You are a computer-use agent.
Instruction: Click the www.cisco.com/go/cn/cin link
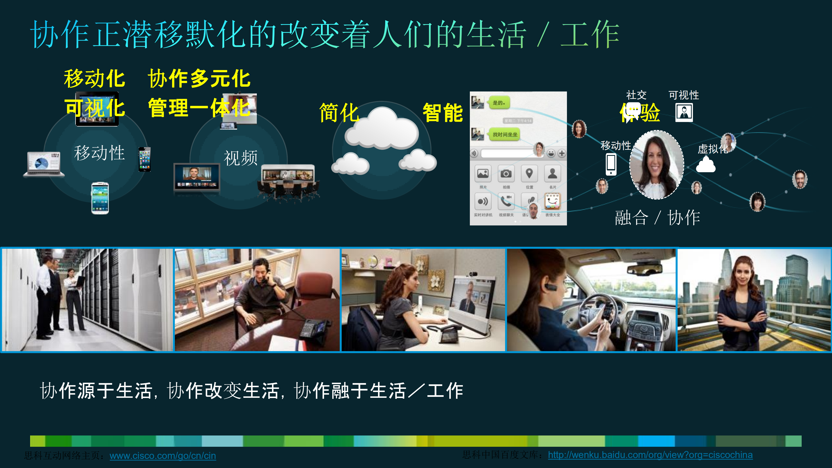[x=163, y=456]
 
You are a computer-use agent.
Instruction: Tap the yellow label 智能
[x=443, y=113]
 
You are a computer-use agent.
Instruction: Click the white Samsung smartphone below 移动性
[x=100, y=198]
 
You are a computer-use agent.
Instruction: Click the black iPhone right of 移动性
[x=144, y=159]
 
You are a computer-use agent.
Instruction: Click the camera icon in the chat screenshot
[x=506, y=174]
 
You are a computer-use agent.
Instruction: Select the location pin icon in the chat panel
[x=529, y=174]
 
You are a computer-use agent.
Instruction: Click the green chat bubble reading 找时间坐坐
[x=505, y=134]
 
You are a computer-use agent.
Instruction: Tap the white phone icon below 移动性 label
[x=611, y=164]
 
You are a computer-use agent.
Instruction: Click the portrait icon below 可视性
[x=684, y=113]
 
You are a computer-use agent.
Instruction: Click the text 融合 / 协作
[x=657, y=217]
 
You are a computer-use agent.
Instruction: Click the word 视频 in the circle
[x=241, y=158]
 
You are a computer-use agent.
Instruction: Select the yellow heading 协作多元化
[x=199, y=78]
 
